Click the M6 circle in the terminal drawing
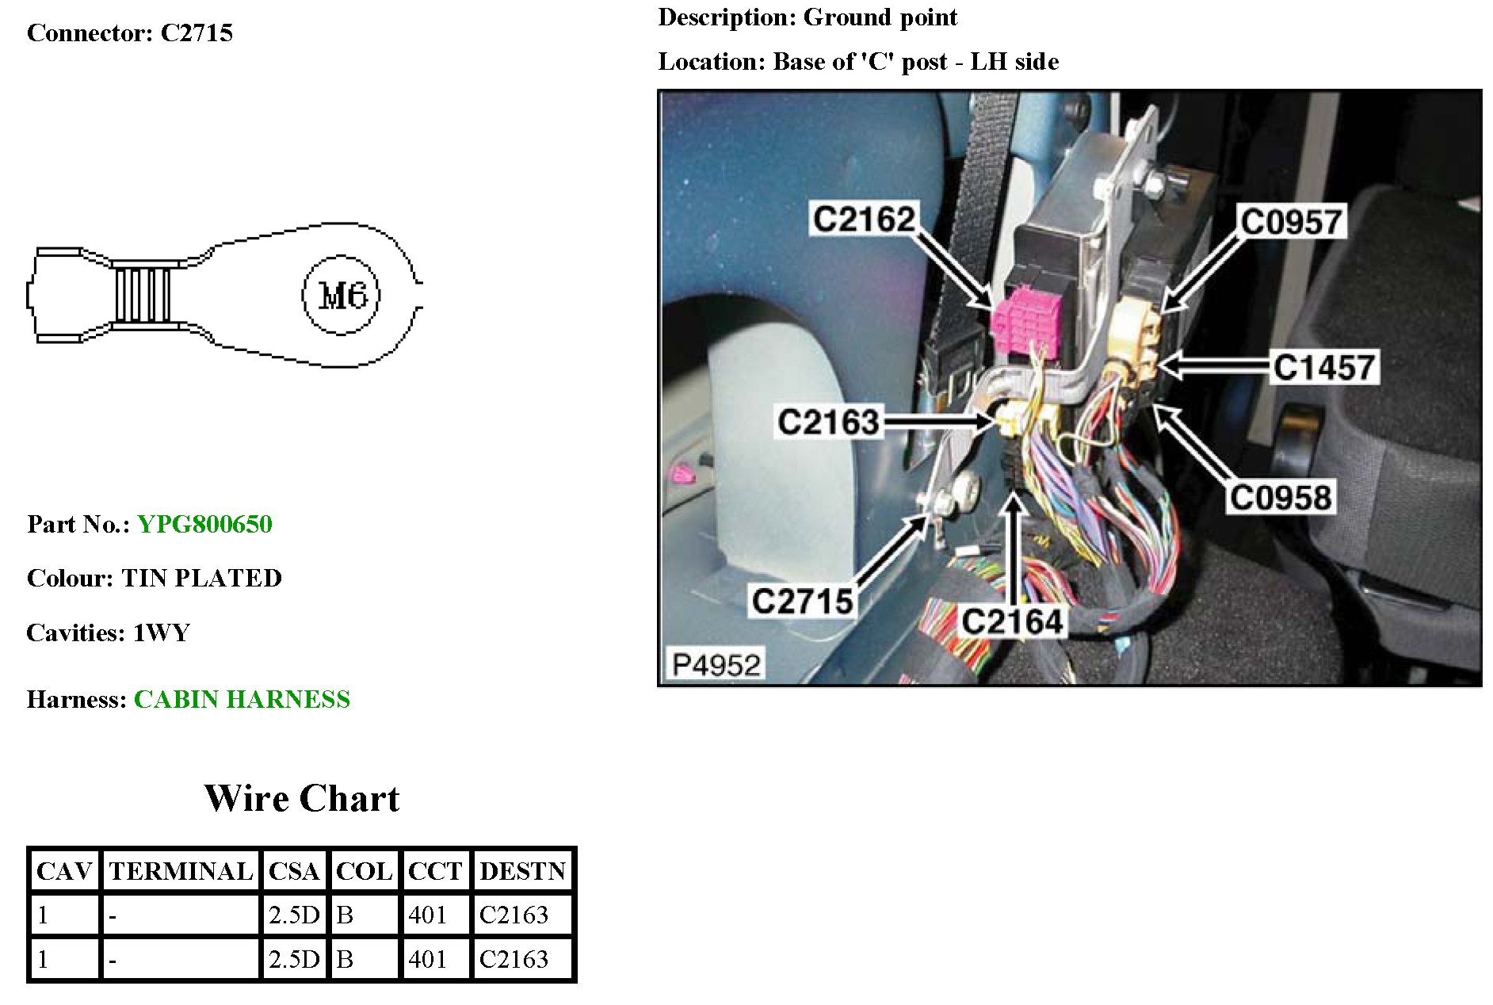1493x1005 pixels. tap(341, 295)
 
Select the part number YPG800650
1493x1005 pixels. tap(204, 524)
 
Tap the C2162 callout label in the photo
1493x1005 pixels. tap(864, 219)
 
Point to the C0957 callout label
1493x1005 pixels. tap(1291, 222)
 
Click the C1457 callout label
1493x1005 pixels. tap(1323, 367)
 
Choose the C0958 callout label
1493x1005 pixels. tap(1280, 497)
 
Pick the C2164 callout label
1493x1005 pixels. tap(1011, 621)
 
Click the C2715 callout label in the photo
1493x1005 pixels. tap(802, 601)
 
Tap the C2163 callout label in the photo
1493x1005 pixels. tap(828, 422)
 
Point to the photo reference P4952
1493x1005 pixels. tap(716, 664)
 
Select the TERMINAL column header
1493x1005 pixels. tap(181, 871)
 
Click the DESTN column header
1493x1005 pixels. tap(522, 871)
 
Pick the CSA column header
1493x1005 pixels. tap(293, 871)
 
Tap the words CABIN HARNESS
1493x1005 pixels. tap(242, 699)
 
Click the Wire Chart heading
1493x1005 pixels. tap(302, 798)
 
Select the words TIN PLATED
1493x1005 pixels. tap(201, 578)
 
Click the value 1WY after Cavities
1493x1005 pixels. tap(162, 632)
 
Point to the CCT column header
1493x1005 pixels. tap(434, 871)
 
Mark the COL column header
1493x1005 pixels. tap(364, 871)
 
